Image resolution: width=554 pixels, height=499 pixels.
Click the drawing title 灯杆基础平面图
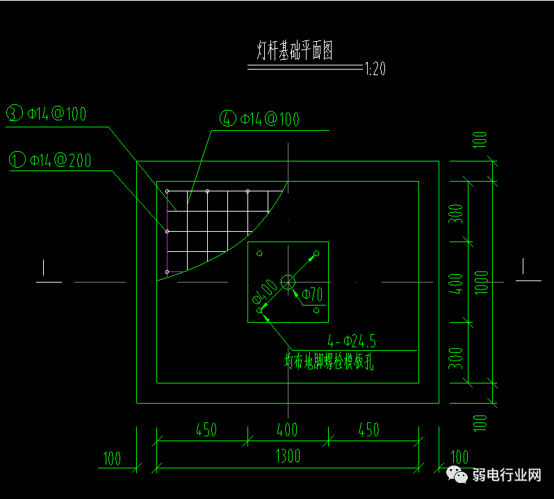(295, 52)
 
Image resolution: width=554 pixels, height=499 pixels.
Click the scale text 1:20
(375, 69)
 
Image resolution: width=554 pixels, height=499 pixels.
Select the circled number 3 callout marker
(15, 113)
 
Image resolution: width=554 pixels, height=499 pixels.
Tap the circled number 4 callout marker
(228, 119)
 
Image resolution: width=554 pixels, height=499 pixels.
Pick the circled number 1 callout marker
(17, 160)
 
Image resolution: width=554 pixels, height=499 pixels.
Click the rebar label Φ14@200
(60, 160)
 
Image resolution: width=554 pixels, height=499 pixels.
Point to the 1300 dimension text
(287, 456)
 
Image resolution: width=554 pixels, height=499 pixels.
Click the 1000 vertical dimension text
(481, 281)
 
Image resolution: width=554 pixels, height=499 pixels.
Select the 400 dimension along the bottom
(287, 429)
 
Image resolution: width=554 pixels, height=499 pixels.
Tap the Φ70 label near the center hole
(312, 294)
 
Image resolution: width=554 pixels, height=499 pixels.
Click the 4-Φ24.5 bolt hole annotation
(352, 341)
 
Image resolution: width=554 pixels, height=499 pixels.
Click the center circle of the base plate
(288, 282)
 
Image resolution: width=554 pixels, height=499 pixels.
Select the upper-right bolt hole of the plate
(317, 253)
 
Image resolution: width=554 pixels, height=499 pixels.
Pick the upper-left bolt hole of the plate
(259, 253)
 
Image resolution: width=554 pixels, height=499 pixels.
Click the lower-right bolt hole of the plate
(317, 311)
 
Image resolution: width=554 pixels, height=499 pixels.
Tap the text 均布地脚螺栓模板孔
(329, 362)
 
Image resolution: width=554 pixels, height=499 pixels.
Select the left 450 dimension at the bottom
(206, 429)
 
